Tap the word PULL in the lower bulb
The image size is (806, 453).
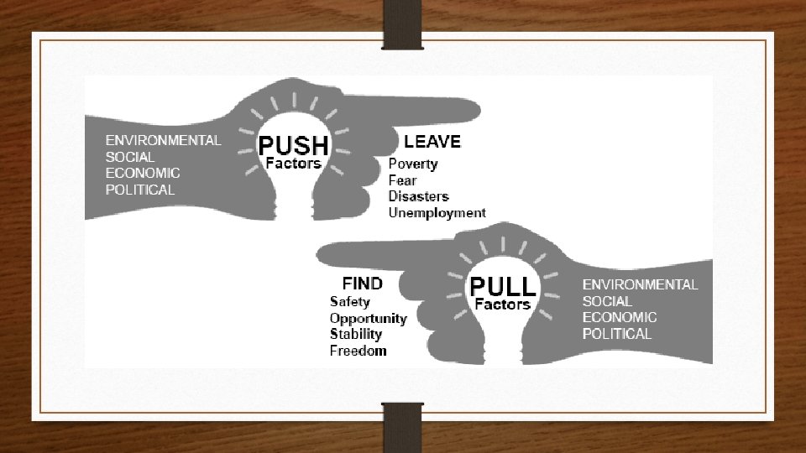[502, 286]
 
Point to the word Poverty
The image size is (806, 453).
[413, 164]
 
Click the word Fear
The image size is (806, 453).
[402, 180]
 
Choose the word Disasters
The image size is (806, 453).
[419, 196]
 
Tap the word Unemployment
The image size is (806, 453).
[437, 213]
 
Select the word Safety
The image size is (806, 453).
[349, 301]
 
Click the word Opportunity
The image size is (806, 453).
[368, 319]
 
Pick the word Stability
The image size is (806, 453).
[355, 335]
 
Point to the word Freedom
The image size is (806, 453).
[358, 351]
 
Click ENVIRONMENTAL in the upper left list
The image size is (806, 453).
[163, 140]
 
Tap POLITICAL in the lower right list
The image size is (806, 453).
[617, 334]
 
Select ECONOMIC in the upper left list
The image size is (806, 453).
[143, 173]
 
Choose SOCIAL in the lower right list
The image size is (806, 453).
[607, 300]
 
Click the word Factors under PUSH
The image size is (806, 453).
[293, 164]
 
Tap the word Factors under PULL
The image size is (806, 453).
[502, 305]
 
